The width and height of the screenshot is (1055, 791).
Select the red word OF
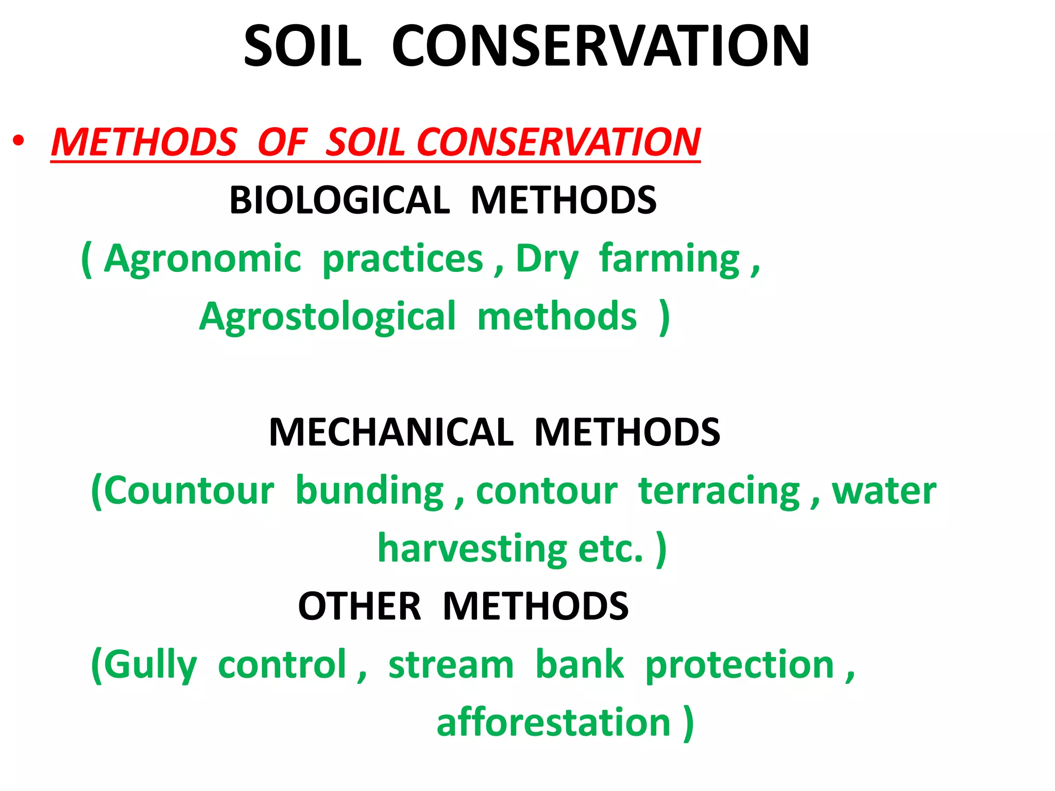(x=282, y=142)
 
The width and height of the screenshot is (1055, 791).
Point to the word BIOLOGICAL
(x=339, y=200)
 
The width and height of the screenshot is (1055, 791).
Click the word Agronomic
(x=202, y=259)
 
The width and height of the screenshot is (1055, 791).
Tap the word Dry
(x=547, y=260)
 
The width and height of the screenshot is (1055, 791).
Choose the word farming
(x=670, y=260)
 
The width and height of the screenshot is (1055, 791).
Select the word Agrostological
(x=328, y=317)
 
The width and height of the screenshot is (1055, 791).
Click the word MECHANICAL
(x=391, y=432)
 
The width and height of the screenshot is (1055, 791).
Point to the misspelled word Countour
(x=189, y=491)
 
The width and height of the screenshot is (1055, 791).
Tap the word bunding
(x=369, y=491)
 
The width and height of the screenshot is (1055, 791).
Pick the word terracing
(x=719, y=491)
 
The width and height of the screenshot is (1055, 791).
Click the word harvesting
(x=472, y=549)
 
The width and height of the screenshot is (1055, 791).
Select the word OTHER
(x=360, y=606)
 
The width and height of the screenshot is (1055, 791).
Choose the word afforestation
(x=553, y=723)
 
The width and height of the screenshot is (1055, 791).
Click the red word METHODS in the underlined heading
(x=144, y=142)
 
